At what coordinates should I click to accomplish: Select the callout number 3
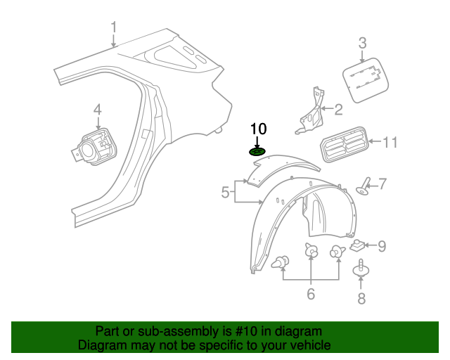tap(362, 43)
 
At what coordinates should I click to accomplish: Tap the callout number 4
tap(98, 110)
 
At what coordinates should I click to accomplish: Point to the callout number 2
tap(338, 110)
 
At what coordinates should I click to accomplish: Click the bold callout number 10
tap(259, 129)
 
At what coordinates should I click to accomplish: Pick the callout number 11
tap(390, 143)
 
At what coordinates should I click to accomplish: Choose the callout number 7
tap(382, 184)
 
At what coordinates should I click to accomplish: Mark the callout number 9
tap(382, 245)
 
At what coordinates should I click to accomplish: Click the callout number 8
tap(361, 299)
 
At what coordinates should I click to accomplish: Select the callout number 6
tap(310, 294)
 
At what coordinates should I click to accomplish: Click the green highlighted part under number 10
tap(258, 151)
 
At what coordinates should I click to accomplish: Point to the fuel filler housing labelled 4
tap(92, 146)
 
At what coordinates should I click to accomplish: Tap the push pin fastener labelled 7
tap(364, 186)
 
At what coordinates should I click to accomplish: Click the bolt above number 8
tap(361, 271)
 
